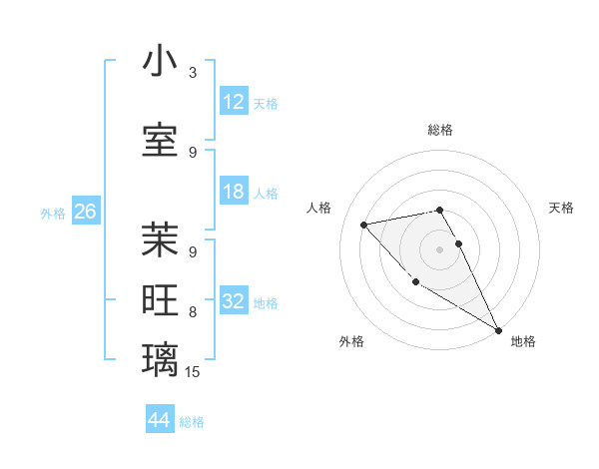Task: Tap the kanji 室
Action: click(160, 141)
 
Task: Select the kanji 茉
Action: click(160, 240)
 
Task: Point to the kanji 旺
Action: click(160, 301)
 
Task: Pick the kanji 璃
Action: click(160, 360)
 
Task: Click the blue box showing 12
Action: click(234, 102)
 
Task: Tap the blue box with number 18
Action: click(234, 193)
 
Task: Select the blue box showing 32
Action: click(234, 302)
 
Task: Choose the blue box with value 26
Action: click(86, 212)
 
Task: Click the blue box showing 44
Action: click(160, 420)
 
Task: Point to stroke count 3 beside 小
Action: click(193, 73)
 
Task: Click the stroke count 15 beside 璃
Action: click(193, 372)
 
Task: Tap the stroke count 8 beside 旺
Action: click(193, 311)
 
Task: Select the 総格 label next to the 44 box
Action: click(192, 422)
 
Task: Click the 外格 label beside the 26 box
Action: click(53, 214)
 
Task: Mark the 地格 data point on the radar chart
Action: click(498, 330)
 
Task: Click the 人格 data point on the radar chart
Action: click(364, 225)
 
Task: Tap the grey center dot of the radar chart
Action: click(439, 248)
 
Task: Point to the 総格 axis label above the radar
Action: click(440, 130)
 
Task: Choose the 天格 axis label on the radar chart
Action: click(562, 208)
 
